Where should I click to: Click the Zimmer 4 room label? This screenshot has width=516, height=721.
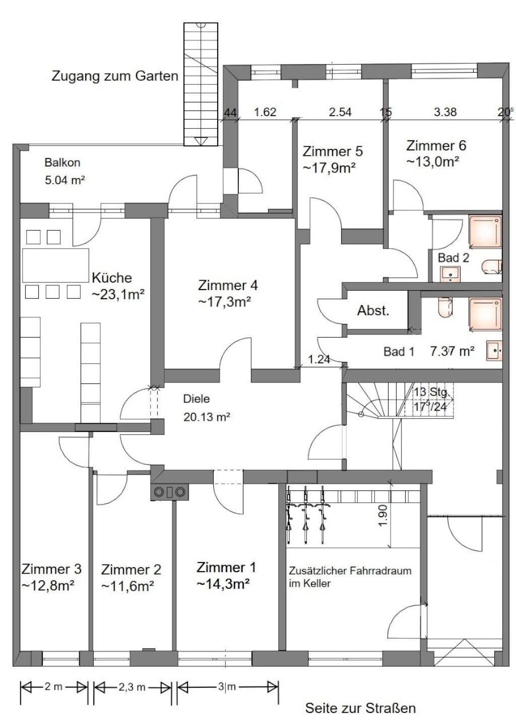[x=228, y=285]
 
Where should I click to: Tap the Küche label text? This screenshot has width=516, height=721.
[x=112, y=278]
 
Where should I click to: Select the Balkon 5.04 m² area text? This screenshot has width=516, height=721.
[x=65, y=180]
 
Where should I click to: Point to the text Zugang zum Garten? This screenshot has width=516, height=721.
[x=115, y=76]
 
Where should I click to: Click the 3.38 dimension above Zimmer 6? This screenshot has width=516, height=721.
[x=445, y=112]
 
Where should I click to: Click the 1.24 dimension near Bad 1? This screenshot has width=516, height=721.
[x=319, y=359]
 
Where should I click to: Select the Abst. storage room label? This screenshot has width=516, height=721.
[x=373, y=311]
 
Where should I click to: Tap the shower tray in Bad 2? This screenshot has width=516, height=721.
[x=485, y=231]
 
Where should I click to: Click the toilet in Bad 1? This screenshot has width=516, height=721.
[x=445, y=307]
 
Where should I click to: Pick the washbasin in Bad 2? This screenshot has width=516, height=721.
[x=450, y=273]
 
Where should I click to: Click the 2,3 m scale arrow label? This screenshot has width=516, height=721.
[x=132, y=685]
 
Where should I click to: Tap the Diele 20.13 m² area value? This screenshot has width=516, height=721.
[x=207, y=417]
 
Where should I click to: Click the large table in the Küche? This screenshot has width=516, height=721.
[x=55, y=265]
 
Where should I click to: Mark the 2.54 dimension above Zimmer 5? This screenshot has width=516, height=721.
[x=340, y=112]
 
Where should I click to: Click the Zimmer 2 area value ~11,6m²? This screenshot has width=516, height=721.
[x=127, y=586]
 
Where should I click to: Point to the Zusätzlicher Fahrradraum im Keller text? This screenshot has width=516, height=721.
[x=350, y=577]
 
